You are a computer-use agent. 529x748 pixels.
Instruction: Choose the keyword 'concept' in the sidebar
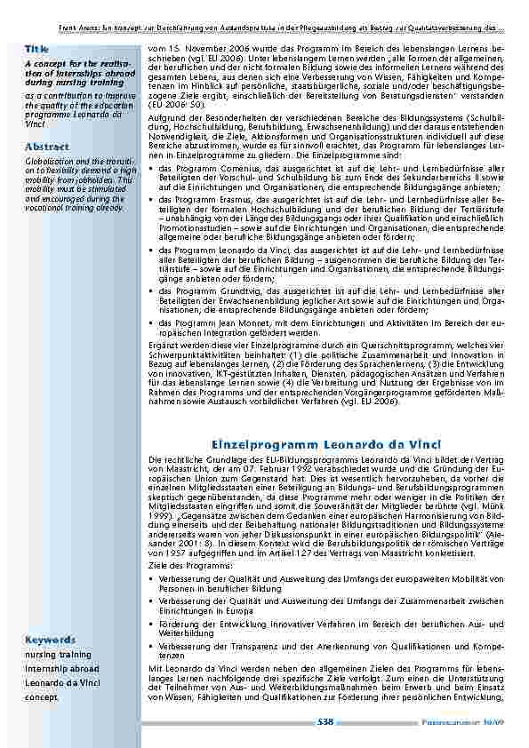[40, 697]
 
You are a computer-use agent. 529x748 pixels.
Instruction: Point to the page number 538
[325, 722]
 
